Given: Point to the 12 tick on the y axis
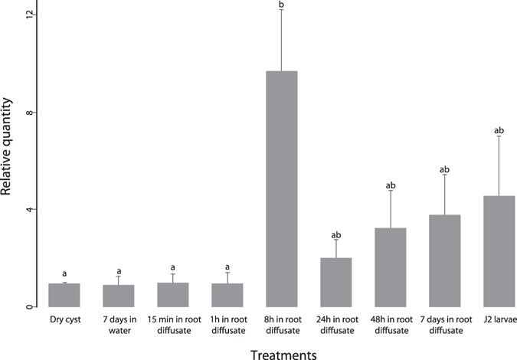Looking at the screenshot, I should (x=30, y=15).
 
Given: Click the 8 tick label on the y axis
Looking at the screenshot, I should (x=30, y=113).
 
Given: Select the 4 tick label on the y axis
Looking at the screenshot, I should (x=30, y=210).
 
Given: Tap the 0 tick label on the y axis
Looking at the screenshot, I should (x=30, y=307).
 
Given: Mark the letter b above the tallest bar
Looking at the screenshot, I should (x=281, y=6).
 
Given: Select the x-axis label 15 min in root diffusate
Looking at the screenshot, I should (x=173, y=324).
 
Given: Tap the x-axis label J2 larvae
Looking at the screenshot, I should (x=499, y=319).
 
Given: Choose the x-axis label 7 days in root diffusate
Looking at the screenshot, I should (x=444, y=324).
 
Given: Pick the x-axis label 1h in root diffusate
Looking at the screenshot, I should (x=227, y=324).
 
